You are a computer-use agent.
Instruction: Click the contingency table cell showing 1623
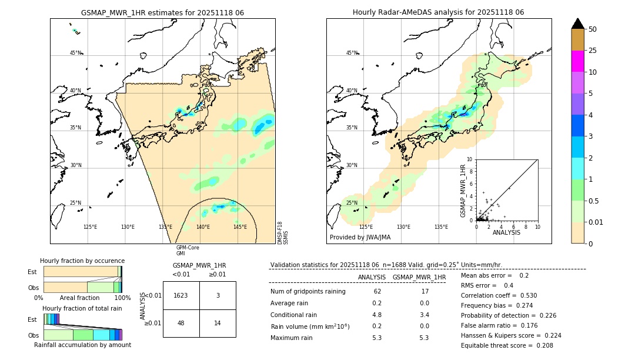coord(181,295)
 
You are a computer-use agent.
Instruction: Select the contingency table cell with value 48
coord(181,324)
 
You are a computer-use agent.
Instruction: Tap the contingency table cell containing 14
coord(218,324)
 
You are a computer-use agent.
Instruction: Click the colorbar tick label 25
coord(593,51)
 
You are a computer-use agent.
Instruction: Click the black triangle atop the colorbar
coord(578,24)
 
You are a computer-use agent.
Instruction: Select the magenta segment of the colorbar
coord(578,61)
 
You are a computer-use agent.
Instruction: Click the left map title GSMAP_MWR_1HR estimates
coord(162,12)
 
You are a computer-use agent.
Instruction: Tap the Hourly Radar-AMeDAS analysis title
coord(438,12)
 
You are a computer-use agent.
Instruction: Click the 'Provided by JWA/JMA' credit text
coord(360,238)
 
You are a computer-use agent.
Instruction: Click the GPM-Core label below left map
coord(188,248)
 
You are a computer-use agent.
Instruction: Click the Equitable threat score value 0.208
coord(540,345)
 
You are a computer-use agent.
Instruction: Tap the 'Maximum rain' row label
coord(292,338)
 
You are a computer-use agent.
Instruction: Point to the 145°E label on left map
coord(240,227)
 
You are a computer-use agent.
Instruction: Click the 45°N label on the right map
coord(352,53)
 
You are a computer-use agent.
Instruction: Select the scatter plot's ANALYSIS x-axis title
coord(506,232)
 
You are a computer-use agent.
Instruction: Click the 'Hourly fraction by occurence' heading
coord(82,261)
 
